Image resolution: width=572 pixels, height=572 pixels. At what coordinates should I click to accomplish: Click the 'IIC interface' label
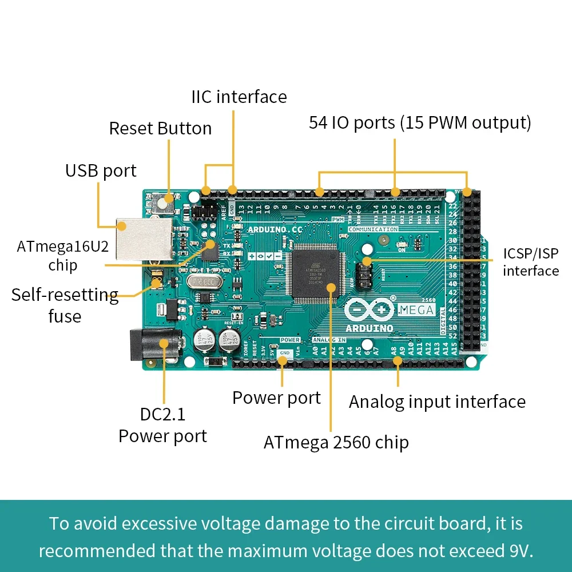click(x=239, y=97)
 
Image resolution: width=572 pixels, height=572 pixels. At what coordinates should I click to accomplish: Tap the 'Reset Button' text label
click(x=160, y=128)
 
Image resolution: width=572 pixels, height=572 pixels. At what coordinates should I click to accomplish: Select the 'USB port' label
click(x=101, y=170)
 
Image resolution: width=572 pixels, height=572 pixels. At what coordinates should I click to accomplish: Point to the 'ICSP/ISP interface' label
click(x=530, y=262)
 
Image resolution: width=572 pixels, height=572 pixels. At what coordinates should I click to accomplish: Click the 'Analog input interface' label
click(x=437, y=402)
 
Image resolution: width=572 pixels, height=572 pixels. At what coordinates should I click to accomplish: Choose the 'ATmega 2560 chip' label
click(x=336, y=442)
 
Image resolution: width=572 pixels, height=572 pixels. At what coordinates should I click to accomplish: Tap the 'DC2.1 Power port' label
click(x=162, y=425)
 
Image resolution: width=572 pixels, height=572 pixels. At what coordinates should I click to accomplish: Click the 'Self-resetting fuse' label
click(x=65, y=305)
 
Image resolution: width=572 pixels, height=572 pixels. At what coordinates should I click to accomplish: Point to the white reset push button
click(x=166, y=202)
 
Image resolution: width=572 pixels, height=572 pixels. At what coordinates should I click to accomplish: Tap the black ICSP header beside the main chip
click(x=363, y=274)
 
